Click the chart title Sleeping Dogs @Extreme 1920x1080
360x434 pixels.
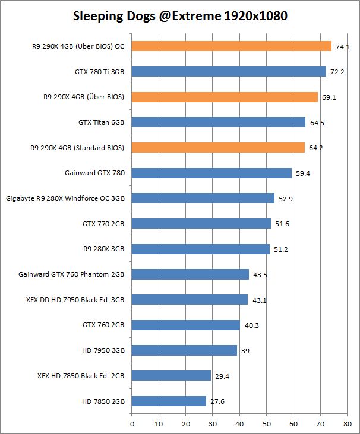pyautogui.click(x=180, y=16)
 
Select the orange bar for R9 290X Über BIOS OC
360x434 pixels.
pyautogui.click(x=231, y=46)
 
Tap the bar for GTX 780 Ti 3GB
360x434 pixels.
pyautogui.click(x=229, y=71)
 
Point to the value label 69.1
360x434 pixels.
pyautogui.click(x=329, y=97)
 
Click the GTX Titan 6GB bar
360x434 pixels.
pyautogui.click(x=218, y=122)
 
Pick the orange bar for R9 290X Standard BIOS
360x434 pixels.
pyautogui.click(x=218, y=147)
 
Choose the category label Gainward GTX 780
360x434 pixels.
pyautogui.click(x=95, y=173)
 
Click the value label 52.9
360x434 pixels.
pyautogui.click(x=286, y=199)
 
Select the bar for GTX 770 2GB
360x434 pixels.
pyautogui.click(x=201, y=224)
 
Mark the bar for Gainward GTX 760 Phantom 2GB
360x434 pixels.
pyautogui.click(x=190, y=274)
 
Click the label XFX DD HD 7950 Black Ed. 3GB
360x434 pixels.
pyautogui.click(x=72, y=300)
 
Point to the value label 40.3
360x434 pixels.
pyautogui.click(x=251, y=325)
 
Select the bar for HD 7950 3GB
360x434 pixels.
pyautogui.click(x=184, y=350)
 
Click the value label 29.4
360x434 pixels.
pyautogui.click(x=222, y=376)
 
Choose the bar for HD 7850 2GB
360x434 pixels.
pyautogui.click(x=169, y=401)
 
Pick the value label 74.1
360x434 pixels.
pyautogui.click(x=343, y=46)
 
